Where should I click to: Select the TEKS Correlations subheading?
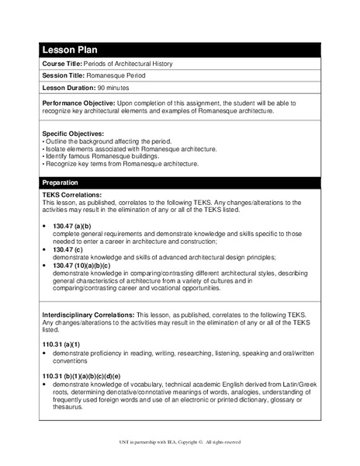(75, 195)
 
